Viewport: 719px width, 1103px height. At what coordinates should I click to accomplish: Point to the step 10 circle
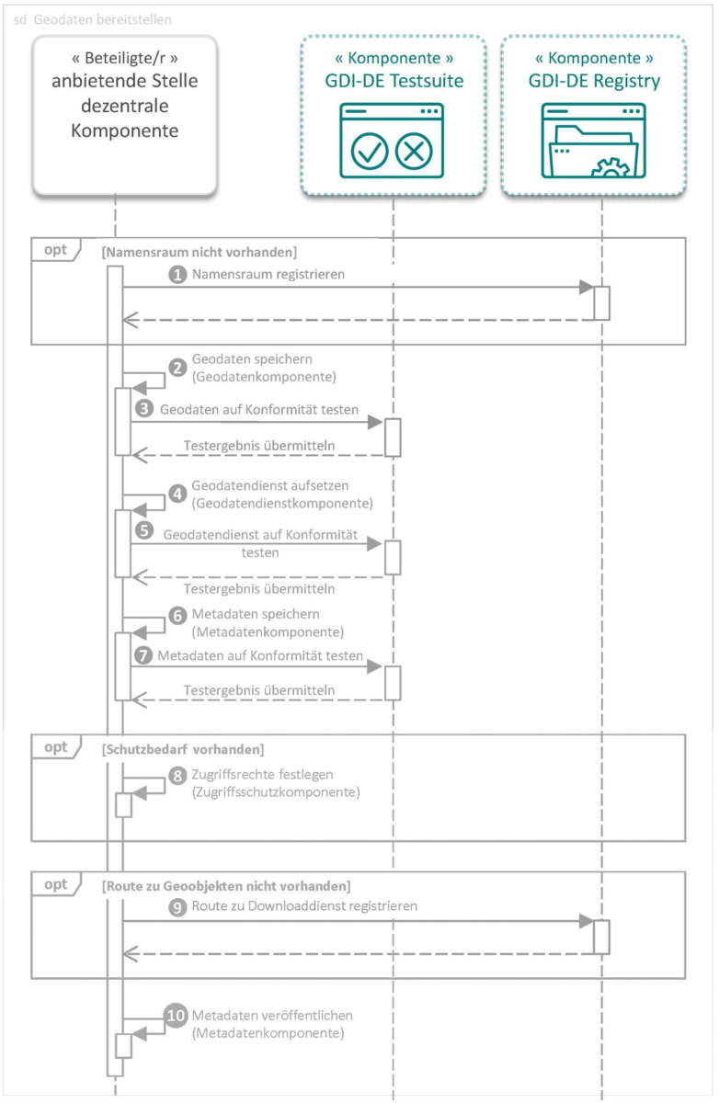click(x=176, y=1016)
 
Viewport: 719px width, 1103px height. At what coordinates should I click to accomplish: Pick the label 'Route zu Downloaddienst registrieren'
click(x=305, y=905)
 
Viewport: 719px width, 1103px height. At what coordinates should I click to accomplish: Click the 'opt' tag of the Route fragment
click(x=56, y=884)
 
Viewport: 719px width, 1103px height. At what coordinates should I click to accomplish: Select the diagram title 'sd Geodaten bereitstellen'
click(x=92, y=19)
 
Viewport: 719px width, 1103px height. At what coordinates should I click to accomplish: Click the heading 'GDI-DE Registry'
click(x=593, y=81)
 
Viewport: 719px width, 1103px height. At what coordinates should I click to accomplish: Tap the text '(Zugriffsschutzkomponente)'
click(x=276, y=790)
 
